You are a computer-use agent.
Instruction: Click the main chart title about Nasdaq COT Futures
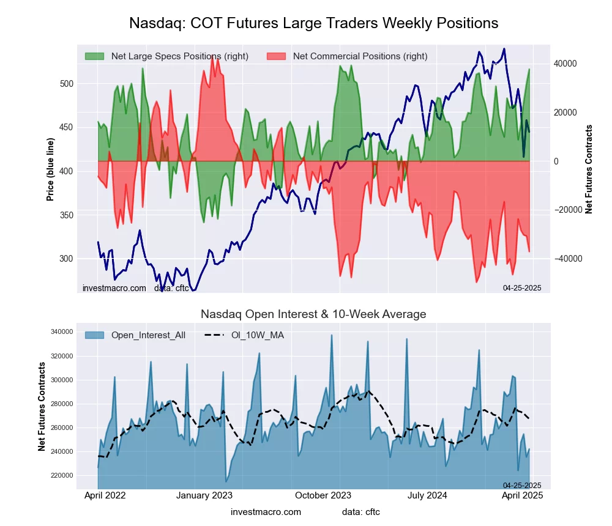click(x=313, y=23)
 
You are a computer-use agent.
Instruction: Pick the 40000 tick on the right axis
click(x=565, y=64)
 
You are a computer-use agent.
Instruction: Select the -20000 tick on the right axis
click(x=565, y=210)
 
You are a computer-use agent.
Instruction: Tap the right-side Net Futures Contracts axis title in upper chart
click(x=589, y=169)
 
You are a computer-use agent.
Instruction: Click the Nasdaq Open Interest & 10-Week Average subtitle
click(x=313, y=314)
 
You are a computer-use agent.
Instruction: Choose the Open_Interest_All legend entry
click(x=147, y=335)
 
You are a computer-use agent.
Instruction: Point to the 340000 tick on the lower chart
click(x=61, y=332)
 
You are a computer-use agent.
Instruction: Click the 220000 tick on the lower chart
click(x=61, y=475)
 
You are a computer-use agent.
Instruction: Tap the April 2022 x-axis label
click(x=104, y=495)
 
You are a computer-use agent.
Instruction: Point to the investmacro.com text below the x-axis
click(x=266, y=512)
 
